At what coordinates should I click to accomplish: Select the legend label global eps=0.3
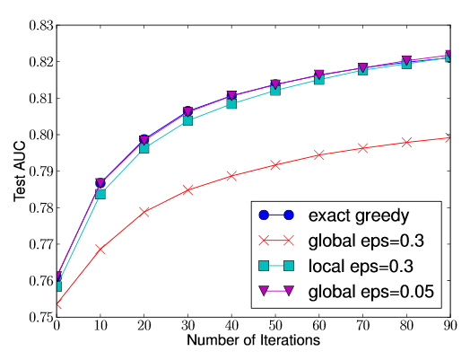coord(366,241)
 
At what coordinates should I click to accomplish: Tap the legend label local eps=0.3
coord(361,266)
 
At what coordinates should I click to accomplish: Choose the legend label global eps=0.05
coord(371,291)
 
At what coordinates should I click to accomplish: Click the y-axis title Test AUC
coord(19,171)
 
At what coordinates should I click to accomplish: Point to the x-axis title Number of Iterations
coord(254,340)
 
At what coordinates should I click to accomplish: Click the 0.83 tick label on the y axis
coord(41,25)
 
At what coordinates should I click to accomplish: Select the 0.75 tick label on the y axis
coord(41,317)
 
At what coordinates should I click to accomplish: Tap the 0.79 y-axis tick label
coord(41,171)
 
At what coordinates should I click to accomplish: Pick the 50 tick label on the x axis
coord(275,326)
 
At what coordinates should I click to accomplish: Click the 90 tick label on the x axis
coord(450,326)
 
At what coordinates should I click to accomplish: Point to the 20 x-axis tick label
coord(144,326)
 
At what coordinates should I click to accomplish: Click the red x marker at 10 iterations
coord(100,250)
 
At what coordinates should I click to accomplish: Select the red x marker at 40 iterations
coord(231,176)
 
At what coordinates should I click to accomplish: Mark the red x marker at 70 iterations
coord(362,148)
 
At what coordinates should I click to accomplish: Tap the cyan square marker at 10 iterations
coord(100,194)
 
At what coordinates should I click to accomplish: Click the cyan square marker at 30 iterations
coord(188,120)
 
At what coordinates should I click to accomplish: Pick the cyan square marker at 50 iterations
coord(275,91)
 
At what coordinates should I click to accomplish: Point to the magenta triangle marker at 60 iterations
coord(319,75)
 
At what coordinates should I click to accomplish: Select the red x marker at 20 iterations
coord(144,212)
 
